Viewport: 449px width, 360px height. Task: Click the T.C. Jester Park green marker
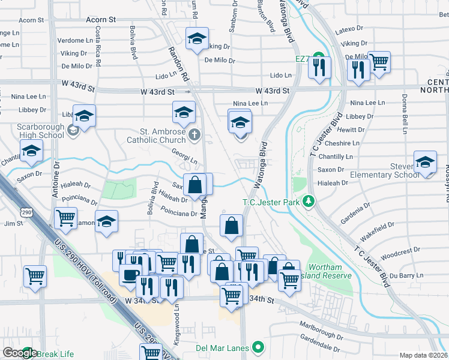pyautogui.click(x=309, y=201)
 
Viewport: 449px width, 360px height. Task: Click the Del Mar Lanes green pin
pyautogui.click(x=258, y=347)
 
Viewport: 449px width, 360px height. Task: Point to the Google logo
pyautogui.click(x=20, y=353)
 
